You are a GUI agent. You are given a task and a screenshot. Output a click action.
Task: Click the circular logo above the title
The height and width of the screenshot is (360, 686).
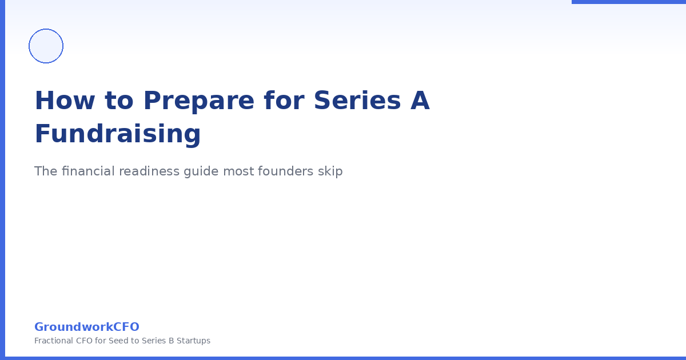tap(46, 46)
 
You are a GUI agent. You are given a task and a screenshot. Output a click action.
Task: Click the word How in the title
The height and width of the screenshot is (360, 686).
tap(52, 101)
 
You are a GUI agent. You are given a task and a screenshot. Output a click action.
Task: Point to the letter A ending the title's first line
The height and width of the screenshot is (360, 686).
tap(420, 101)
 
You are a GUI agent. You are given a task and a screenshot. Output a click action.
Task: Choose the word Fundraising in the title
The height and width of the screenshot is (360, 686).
tap(118, 134)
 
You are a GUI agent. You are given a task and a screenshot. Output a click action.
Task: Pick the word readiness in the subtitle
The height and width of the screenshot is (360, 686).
tap(149, 171)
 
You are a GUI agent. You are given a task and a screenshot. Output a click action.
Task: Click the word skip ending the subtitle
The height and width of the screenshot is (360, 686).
tap(330, 171)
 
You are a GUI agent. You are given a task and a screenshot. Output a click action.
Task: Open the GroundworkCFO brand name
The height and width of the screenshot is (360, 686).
tap(87, 327)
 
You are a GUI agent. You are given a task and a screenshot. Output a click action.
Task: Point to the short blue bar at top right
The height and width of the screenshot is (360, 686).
tap(629, 2)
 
